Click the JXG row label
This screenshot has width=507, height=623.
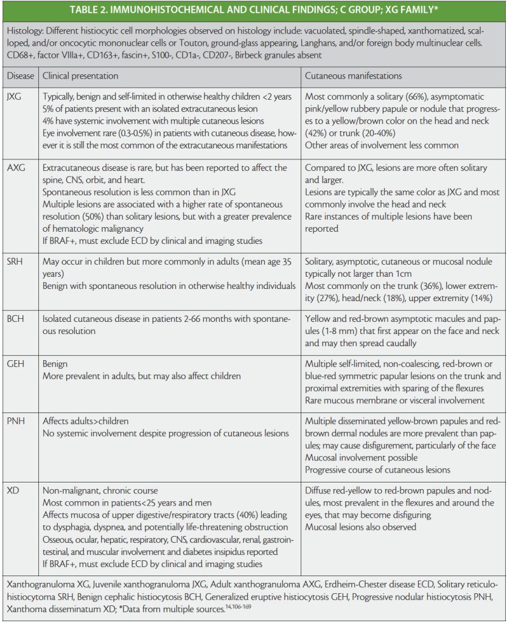(17, 96)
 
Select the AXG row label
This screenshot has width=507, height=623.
(18, 167)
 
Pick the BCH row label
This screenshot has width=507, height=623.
(17, 319)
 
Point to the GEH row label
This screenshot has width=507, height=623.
(17, 364)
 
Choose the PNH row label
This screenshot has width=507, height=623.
(17, 421)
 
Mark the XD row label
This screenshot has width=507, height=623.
(15, 490)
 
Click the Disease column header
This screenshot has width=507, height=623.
(21, 76)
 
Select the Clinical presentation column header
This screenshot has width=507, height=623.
(80, 76)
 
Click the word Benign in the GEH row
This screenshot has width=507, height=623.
(55, 364)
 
